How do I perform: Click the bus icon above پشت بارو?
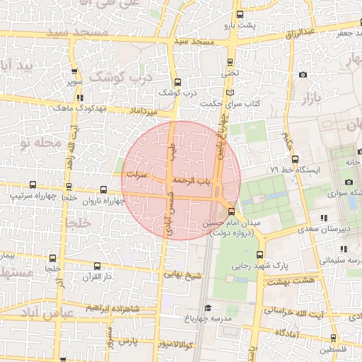click(x=240, y=14)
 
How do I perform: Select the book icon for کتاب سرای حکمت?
click(x=228, y=93)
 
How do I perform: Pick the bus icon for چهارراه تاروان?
click(x=104, y=189)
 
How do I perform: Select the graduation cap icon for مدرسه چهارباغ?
click(x=208, y=308)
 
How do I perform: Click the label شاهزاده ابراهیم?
click(x=113, y=309)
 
